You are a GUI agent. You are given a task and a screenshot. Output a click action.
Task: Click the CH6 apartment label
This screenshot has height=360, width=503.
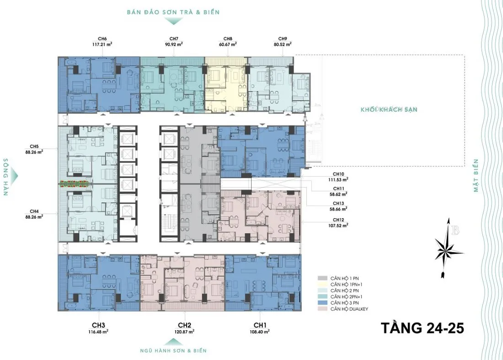pos(102,39)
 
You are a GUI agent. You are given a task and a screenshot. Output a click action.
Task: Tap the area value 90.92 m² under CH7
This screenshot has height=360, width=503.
pos(174,44)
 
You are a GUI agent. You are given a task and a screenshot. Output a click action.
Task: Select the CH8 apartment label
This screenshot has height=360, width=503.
pos(228,39)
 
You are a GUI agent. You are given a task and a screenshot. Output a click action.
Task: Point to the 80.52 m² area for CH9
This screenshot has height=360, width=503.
pos(283,44)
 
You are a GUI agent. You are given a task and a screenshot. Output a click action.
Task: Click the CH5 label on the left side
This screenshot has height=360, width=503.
pos(34,147)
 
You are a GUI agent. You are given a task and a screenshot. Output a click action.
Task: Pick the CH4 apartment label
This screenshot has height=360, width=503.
pos(34,211)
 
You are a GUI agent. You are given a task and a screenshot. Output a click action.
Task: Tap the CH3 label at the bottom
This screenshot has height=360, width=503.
pos(98,325)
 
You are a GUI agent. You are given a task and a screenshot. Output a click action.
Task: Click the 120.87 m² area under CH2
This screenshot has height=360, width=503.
pos(185,332)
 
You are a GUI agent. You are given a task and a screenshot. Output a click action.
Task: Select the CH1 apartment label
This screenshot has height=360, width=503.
pos(260,325)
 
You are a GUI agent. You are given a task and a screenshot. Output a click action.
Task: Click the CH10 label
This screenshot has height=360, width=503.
pos(338,174)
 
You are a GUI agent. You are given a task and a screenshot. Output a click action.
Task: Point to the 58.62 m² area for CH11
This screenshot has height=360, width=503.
pos(338,194)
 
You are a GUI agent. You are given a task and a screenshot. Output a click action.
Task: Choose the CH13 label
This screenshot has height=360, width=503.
pos(338,204)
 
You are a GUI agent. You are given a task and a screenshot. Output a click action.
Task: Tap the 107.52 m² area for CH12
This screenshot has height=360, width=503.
pos(338,226)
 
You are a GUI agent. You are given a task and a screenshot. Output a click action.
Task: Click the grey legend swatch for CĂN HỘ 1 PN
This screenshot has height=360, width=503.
pos(322,279)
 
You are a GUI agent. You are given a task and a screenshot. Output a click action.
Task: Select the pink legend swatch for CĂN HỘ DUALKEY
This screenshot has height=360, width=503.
pos(322,309)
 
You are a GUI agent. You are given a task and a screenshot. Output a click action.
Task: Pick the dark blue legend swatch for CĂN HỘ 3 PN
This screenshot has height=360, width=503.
pos(322,303)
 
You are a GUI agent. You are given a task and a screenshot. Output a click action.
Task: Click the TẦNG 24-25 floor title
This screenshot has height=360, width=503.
pos(423,328)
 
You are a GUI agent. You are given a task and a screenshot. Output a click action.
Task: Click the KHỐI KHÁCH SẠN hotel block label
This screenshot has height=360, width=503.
pos(389,109)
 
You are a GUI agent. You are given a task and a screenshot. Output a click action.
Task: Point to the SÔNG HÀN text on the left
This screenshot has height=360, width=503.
pos(6,177)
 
